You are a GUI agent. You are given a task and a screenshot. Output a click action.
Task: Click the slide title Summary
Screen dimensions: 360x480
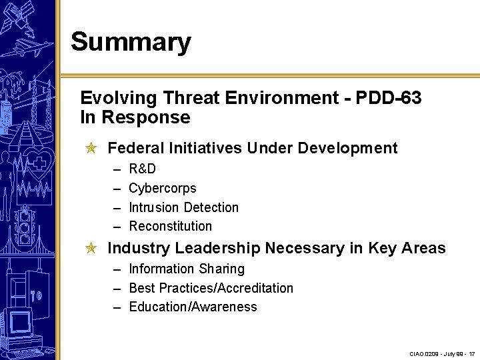click(131, 41)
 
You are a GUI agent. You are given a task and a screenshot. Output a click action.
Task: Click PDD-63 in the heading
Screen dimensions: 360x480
click(389, 98)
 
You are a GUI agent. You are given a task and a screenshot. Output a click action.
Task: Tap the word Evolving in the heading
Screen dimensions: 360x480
click(117, 98)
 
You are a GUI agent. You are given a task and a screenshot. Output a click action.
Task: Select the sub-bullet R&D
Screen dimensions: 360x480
click(142, 169)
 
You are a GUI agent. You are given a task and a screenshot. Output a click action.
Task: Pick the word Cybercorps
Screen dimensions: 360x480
click(162, 188)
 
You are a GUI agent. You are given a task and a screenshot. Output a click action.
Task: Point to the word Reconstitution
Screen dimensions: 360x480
click(170, 226)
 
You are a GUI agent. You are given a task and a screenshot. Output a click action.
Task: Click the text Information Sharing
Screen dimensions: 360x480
click(186, 269)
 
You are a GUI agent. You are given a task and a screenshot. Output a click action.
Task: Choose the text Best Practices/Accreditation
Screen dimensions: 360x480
click(211, 288)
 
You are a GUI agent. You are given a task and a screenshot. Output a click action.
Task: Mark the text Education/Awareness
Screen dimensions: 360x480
click(193, 307)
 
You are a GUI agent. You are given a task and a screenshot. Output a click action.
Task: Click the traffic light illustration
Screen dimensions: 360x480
click(25, 227)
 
